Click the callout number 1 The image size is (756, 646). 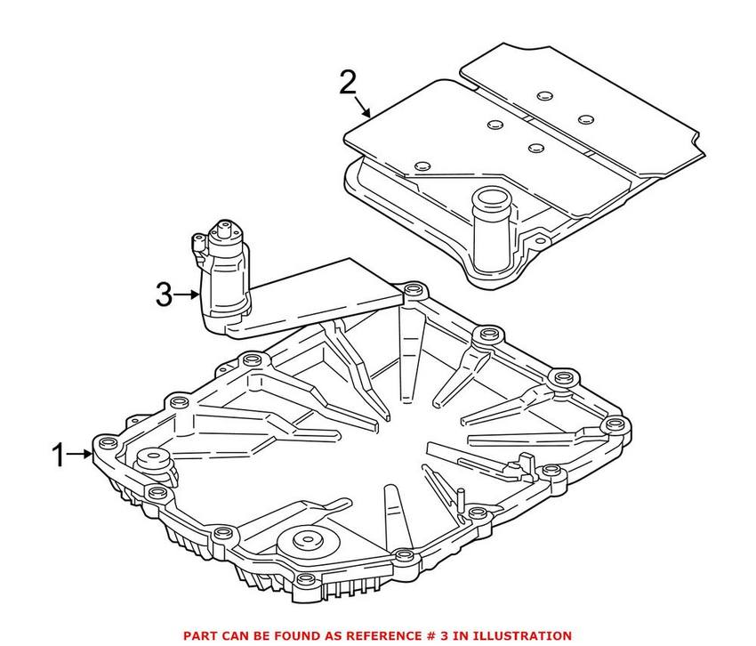[58, 456]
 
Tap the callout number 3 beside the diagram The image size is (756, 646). [164, 295]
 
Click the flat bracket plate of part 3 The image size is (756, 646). [329, 294]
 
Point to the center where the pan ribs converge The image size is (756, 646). [391, 418]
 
